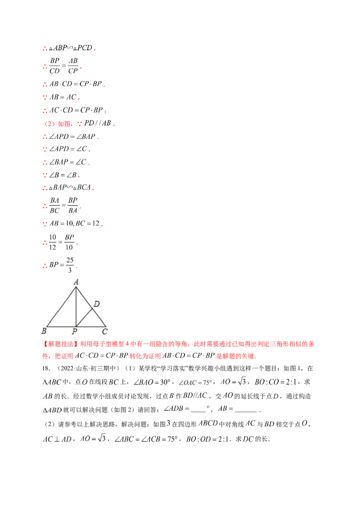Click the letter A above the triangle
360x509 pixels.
[76, 282]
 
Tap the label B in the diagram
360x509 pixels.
[44, 332]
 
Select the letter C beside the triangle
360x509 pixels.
[105, 332]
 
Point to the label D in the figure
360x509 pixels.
[96, 304]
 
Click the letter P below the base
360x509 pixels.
[75, 332]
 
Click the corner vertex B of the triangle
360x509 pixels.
[47, 326]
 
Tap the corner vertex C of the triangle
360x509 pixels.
[106, 326]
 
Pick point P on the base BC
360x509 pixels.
[76, 326]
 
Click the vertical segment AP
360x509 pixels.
[76, 307]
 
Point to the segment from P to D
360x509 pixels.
[85, 317]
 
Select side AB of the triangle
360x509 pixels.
[62, 307]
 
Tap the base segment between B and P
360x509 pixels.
[62, 326]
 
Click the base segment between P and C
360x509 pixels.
[91, 326]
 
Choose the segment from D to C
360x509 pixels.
[100, 318]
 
